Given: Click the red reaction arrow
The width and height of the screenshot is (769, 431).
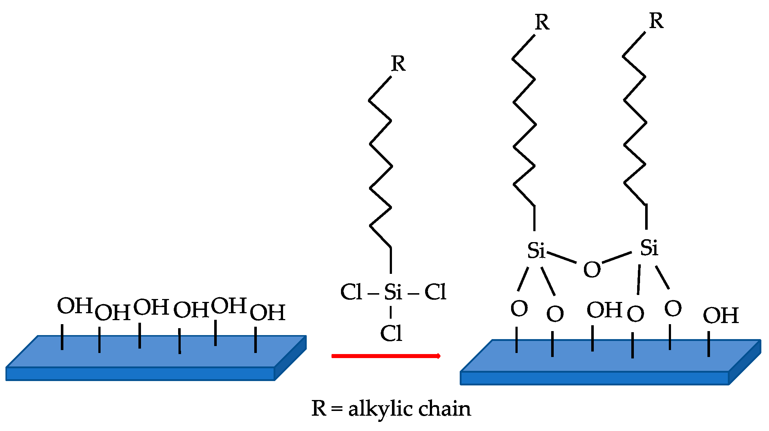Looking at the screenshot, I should click(386, 356).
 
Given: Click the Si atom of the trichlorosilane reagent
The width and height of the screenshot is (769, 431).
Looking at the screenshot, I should click(393, 292).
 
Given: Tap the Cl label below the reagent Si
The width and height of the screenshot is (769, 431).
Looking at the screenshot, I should click(391, 333).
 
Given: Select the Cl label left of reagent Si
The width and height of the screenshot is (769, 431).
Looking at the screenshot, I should click(351, 292).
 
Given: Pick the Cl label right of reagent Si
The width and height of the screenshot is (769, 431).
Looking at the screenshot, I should click(435, 292).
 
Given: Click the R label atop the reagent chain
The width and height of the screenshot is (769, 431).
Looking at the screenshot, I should click(398, 64).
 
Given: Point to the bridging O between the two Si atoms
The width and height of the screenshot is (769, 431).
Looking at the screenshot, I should click(592, 270).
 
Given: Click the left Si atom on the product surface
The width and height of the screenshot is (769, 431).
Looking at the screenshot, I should click(536, 251).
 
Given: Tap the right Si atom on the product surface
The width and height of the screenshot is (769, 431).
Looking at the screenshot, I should click(649, 248).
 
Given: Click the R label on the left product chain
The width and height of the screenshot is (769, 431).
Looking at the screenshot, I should click(542, 23).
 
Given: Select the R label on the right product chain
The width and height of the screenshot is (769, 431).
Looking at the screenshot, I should click(656, 21).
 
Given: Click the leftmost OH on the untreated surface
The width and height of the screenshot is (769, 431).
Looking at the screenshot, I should click(75, 306).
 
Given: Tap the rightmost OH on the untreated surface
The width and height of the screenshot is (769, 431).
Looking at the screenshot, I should click(267, 312).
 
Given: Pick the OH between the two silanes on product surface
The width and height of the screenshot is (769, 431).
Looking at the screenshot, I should click(604, 310).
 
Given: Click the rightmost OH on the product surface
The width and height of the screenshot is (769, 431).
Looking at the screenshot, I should click(721, 316).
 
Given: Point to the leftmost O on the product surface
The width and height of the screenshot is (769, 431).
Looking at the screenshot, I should click(519, 309).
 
